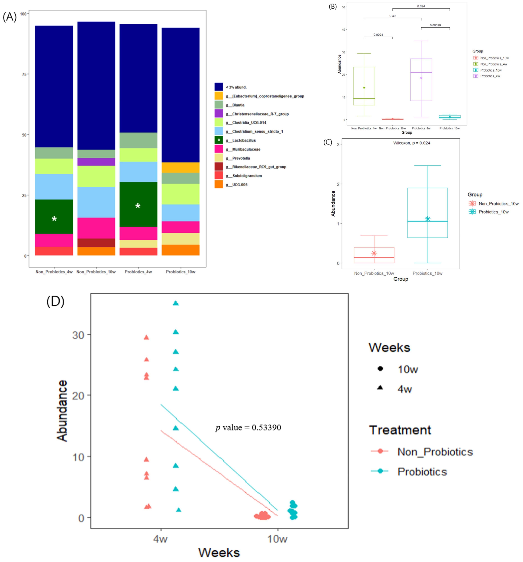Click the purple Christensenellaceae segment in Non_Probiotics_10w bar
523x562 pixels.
(96, 162)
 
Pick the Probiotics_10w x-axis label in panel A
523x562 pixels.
(180, 272)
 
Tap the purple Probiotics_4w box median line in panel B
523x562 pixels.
(421, 72)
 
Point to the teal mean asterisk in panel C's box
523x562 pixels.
(427, 219)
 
